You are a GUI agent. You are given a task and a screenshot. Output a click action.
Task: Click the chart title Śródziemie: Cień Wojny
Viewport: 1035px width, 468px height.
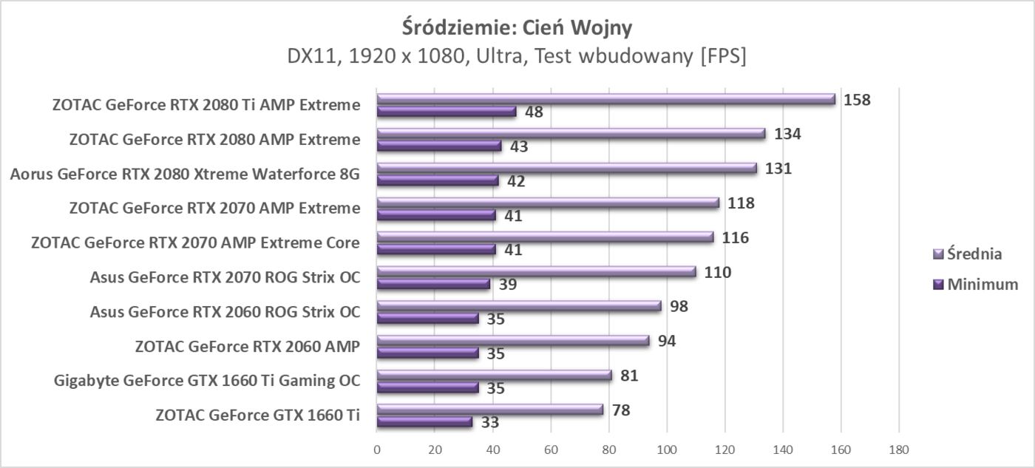[x=517, y=27]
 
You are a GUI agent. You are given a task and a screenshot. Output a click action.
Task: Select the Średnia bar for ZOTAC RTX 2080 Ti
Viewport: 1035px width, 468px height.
[x=605, y=99]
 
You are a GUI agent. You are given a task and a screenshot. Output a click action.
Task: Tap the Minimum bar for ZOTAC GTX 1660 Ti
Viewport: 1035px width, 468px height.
[x=424, y=422]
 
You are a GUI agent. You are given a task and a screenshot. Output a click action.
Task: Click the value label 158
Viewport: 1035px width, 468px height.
[x=858, y=99]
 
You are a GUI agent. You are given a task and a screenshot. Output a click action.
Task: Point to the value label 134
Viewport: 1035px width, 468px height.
[x=788, y=134]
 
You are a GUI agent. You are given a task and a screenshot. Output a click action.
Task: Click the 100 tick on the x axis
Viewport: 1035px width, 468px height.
[x=666, y=448]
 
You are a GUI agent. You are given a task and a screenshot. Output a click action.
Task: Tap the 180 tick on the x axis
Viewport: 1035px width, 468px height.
[x=898, y=448]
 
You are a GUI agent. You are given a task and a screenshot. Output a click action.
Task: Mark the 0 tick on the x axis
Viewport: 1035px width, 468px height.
[x=377, y=448]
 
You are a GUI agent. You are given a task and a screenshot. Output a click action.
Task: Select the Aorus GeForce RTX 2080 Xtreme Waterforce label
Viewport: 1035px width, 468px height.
[x=185, y=174]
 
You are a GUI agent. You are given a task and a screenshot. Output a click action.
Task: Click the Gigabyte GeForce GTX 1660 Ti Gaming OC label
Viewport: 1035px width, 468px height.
[x=207, y=381]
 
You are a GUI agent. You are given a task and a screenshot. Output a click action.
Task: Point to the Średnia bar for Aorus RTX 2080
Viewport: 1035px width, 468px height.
[x=567, y=169]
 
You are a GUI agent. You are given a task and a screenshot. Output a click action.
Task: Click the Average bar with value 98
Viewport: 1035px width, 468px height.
[x=519, y=306]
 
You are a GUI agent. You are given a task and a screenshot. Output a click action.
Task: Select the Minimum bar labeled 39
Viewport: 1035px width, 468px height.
[x=433, y=284]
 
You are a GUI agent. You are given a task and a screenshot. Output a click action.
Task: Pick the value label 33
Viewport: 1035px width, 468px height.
[x=489, y=423]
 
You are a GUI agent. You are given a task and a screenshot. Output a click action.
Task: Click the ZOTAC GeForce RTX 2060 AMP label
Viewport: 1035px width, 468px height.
[x=248, y=346]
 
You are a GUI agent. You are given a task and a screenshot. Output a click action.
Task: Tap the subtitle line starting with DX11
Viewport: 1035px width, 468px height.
[x=517, y=57]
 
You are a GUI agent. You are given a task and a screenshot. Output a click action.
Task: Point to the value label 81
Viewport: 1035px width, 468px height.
[x=629, y=376]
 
